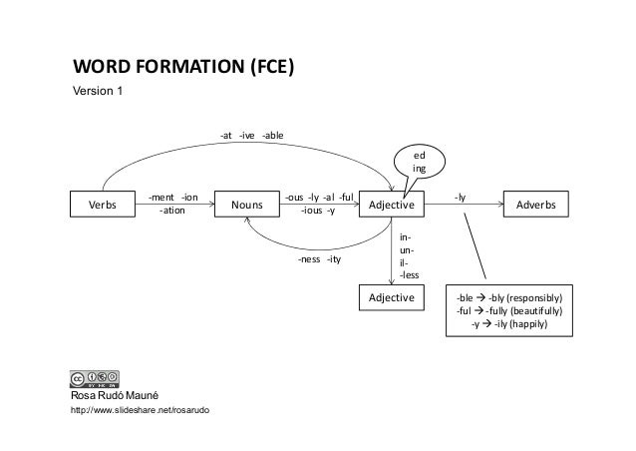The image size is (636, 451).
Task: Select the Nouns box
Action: [247, 205]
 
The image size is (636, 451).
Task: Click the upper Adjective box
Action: [392, 205]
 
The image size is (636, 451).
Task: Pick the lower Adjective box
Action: [392, 298]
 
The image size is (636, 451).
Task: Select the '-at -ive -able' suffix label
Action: [251, 135]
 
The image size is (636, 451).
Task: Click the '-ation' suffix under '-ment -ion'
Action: [172, 211]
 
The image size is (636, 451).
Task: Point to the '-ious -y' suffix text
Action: [318, 211]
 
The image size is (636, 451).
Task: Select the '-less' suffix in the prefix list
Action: [409, 274]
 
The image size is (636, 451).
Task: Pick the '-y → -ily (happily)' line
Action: [508, 324]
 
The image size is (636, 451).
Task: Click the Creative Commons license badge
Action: [96, 379]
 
